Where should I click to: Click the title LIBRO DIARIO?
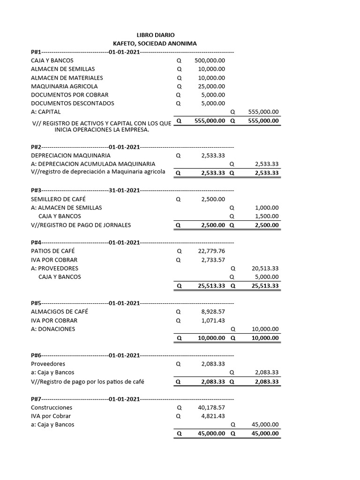click(155, 35)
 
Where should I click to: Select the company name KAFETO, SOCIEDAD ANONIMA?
click(155, 44)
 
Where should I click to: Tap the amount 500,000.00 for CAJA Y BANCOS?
click(210, 60)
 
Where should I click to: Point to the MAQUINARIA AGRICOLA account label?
click(64, 86)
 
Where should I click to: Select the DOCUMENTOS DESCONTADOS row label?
click(72, 103)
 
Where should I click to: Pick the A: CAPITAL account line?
click(45, 112)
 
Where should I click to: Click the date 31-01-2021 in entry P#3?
click(124, 190)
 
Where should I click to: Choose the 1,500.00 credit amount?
click(267, 216)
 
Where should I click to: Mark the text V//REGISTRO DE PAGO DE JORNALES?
click(81, 225)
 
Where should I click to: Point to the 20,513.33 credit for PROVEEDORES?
click(265, 269)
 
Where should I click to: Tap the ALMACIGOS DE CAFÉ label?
click(59, 311)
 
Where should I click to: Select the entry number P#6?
click(36, 355)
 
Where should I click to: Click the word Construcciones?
click(52, 407)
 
